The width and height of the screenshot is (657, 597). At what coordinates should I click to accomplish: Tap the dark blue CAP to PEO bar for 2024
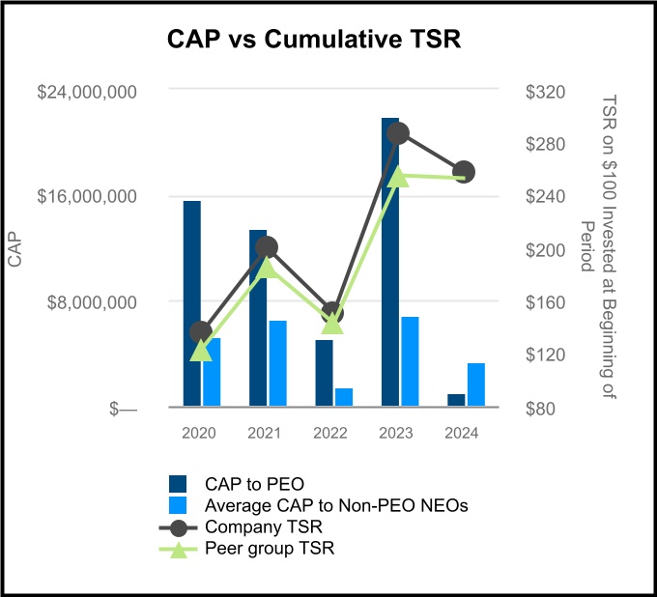click(456, 400)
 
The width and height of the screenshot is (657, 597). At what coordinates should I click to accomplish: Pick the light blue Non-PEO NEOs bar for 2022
click(344, 397)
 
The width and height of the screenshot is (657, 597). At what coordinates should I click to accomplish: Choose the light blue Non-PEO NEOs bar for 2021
click(278, 363)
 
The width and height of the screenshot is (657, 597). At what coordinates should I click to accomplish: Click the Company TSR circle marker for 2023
click(398, 133)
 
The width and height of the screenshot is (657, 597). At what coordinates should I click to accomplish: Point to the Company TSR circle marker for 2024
click(464, 172)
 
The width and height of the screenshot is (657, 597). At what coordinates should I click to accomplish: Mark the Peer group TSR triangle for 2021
click(267, 267)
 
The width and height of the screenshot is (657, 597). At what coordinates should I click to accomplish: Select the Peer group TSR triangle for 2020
click(201, 351)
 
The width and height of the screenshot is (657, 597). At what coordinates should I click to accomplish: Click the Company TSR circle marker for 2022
click(332, 313)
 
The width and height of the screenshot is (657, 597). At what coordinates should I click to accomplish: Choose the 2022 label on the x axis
click(331, 434)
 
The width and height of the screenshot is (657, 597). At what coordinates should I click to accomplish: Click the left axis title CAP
click(14, 249)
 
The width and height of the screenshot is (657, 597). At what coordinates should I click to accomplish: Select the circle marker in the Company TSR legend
click(177, 527)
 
